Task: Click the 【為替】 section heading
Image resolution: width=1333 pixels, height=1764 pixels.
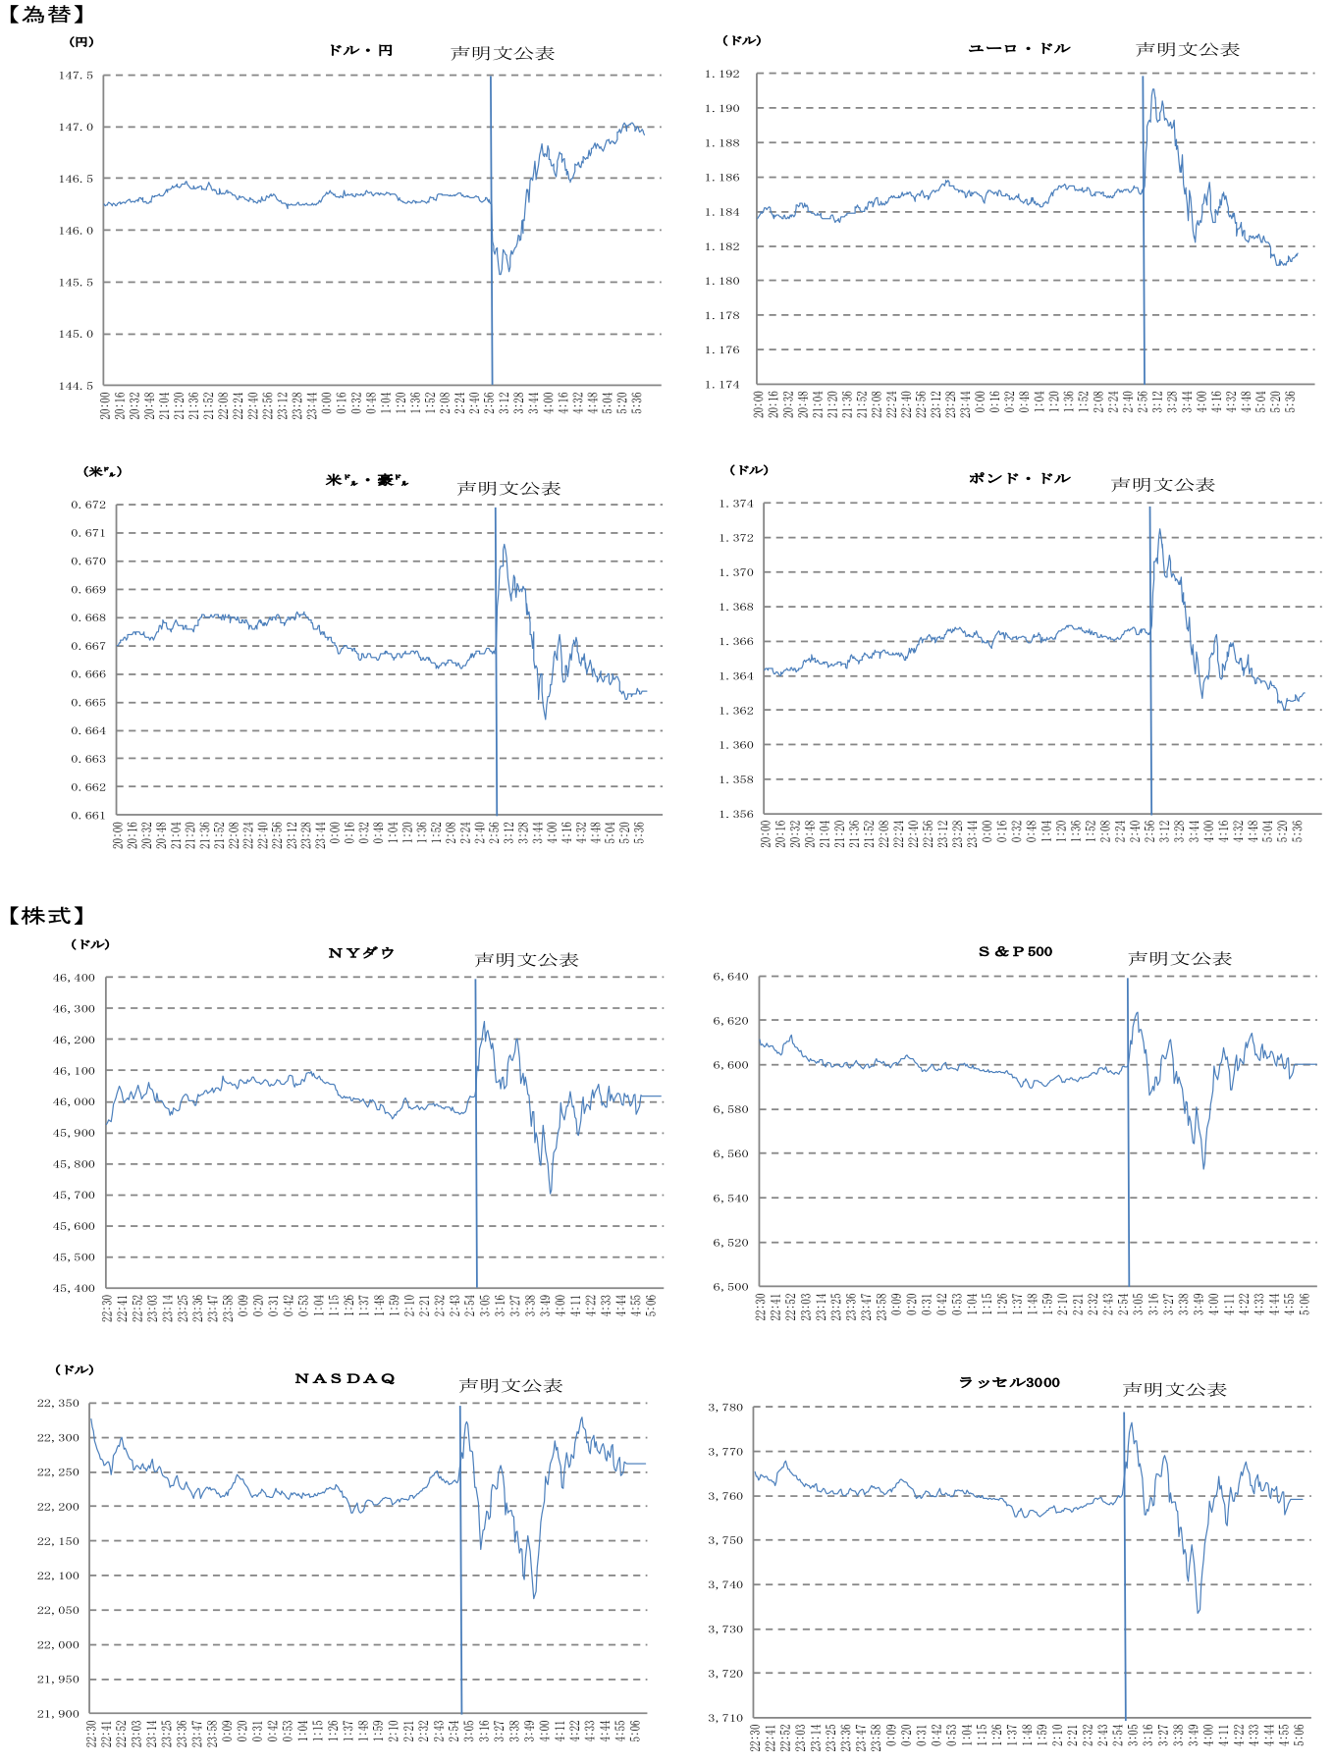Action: tap(46, 15)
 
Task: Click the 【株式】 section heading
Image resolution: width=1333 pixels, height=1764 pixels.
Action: tap(46, 915)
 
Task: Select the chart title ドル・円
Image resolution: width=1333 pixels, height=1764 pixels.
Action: tap(360, 50)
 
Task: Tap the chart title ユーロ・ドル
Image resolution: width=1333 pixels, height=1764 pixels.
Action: tap(1019, 48)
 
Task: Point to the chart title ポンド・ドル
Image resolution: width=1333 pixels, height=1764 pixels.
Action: tap(1019, 478)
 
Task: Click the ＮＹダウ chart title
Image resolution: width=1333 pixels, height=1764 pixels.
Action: tap(361, 953)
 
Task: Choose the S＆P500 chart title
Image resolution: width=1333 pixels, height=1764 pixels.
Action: tap(1015, 951)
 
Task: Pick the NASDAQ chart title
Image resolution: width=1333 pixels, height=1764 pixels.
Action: tap(345, 1378)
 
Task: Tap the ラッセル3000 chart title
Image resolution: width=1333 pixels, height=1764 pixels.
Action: tap(1009, 1382)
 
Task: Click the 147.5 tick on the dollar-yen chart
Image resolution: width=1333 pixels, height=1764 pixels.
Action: tap(76, 76)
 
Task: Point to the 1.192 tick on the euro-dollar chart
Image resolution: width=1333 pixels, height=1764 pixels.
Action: tap(722, 74)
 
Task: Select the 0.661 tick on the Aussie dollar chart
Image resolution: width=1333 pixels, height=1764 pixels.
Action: tap(88, 815)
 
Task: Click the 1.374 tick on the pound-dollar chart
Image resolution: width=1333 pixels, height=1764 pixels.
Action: tap(736, 504)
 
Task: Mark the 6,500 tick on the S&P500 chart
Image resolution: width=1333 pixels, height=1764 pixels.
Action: tap(730, 1286)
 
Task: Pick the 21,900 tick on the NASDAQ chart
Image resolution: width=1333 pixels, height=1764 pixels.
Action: tap(58, 1714)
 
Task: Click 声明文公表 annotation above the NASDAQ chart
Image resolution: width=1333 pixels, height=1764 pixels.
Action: tap(510, 1385)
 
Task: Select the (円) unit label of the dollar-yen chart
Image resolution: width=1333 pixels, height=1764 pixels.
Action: tap(80, 42)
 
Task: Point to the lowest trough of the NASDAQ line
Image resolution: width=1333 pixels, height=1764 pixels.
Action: tap(534, 1598)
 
